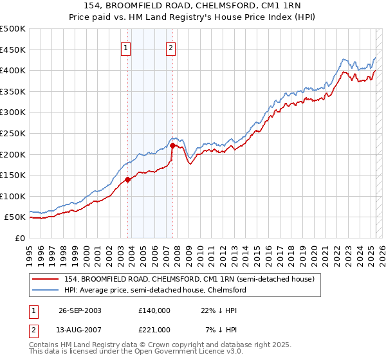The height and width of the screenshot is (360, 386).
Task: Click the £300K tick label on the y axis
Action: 13,113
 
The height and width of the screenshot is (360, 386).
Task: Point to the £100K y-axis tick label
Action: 13,196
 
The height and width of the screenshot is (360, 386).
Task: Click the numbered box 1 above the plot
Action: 125,47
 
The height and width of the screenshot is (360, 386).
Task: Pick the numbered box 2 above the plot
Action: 171,47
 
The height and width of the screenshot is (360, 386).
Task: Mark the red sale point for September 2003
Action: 128,179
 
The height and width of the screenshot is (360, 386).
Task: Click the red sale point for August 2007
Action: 172,146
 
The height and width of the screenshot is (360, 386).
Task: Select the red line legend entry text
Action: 188,279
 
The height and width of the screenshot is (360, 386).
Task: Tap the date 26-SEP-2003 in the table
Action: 80,310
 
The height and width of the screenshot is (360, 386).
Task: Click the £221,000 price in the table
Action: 154,330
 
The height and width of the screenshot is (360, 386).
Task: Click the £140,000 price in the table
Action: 154,310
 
